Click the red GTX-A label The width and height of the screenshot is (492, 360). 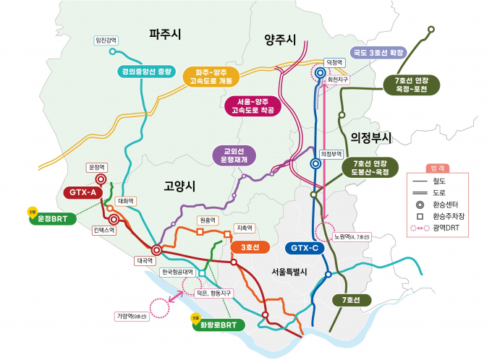pyautogui.click(x=84, y=192)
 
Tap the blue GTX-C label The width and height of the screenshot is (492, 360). pyautogui.click(x=305, y=248)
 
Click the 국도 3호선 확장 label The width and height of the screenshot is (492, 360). pyautogui.click(x=378, y=53)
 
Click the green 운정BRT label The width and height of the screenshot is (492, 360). pyautogui.click(x=53, y=218)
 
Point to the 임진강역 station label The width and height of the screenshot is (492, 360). pyautogui.click(x=106, y=40)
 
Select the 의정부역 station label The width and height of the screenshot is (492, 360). pyautogui.click(x=331, y=153)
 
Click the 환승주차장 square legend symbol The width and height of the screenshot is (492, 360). pyautogui.click(x=419, y=215)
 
